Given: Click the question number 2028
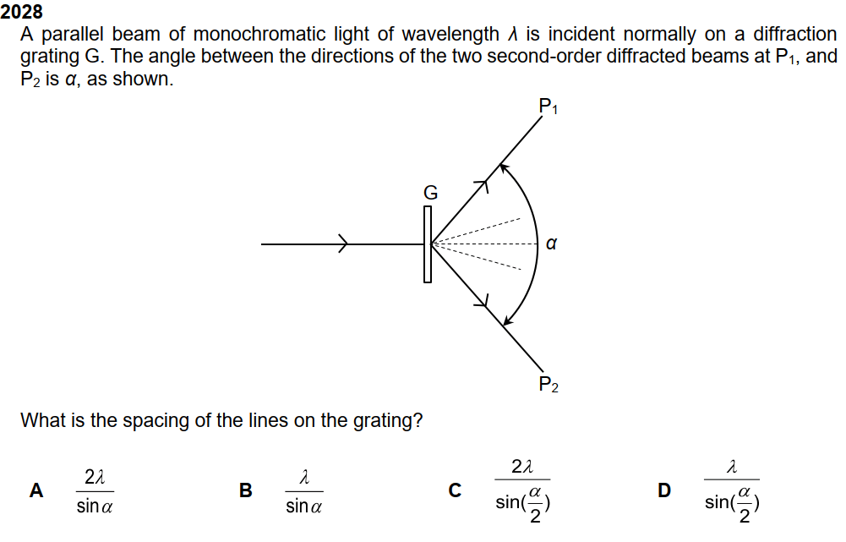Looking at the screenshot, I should (22, 13).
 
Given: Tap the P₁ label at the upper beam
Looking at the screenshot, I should (549, 107).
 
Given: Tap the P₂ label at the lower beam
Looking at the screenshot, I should (549, 386).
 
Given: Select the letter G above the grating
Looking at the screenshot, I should (431, 193).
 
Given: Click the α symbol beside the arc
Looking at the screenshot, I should (551, 244).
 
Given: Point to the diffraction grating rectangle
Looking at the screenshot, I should (428, 244).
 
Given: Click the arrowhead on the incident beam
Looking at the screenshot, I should (343, 244).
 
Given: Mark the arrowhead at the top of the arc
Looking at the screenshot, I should (504, 169).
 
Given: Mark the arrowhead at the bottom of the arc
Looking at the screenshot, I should (507, 320).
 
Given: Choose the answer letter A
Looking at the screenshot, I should (36, 490).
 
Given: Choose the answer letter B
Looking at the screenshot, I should (246, 490).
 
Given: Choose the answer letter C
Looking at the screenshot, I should (455, 490).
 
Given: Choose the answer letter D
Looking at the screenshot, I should (664, 490).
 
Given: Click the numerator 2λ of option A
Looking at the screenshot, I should (95, 478).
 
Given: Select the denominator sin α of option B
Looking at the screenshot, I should (304, 506).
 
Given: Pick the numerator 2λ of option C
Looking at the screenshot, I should (523, 466).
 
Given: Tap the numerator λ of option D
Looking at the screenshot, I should (732, 466).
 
